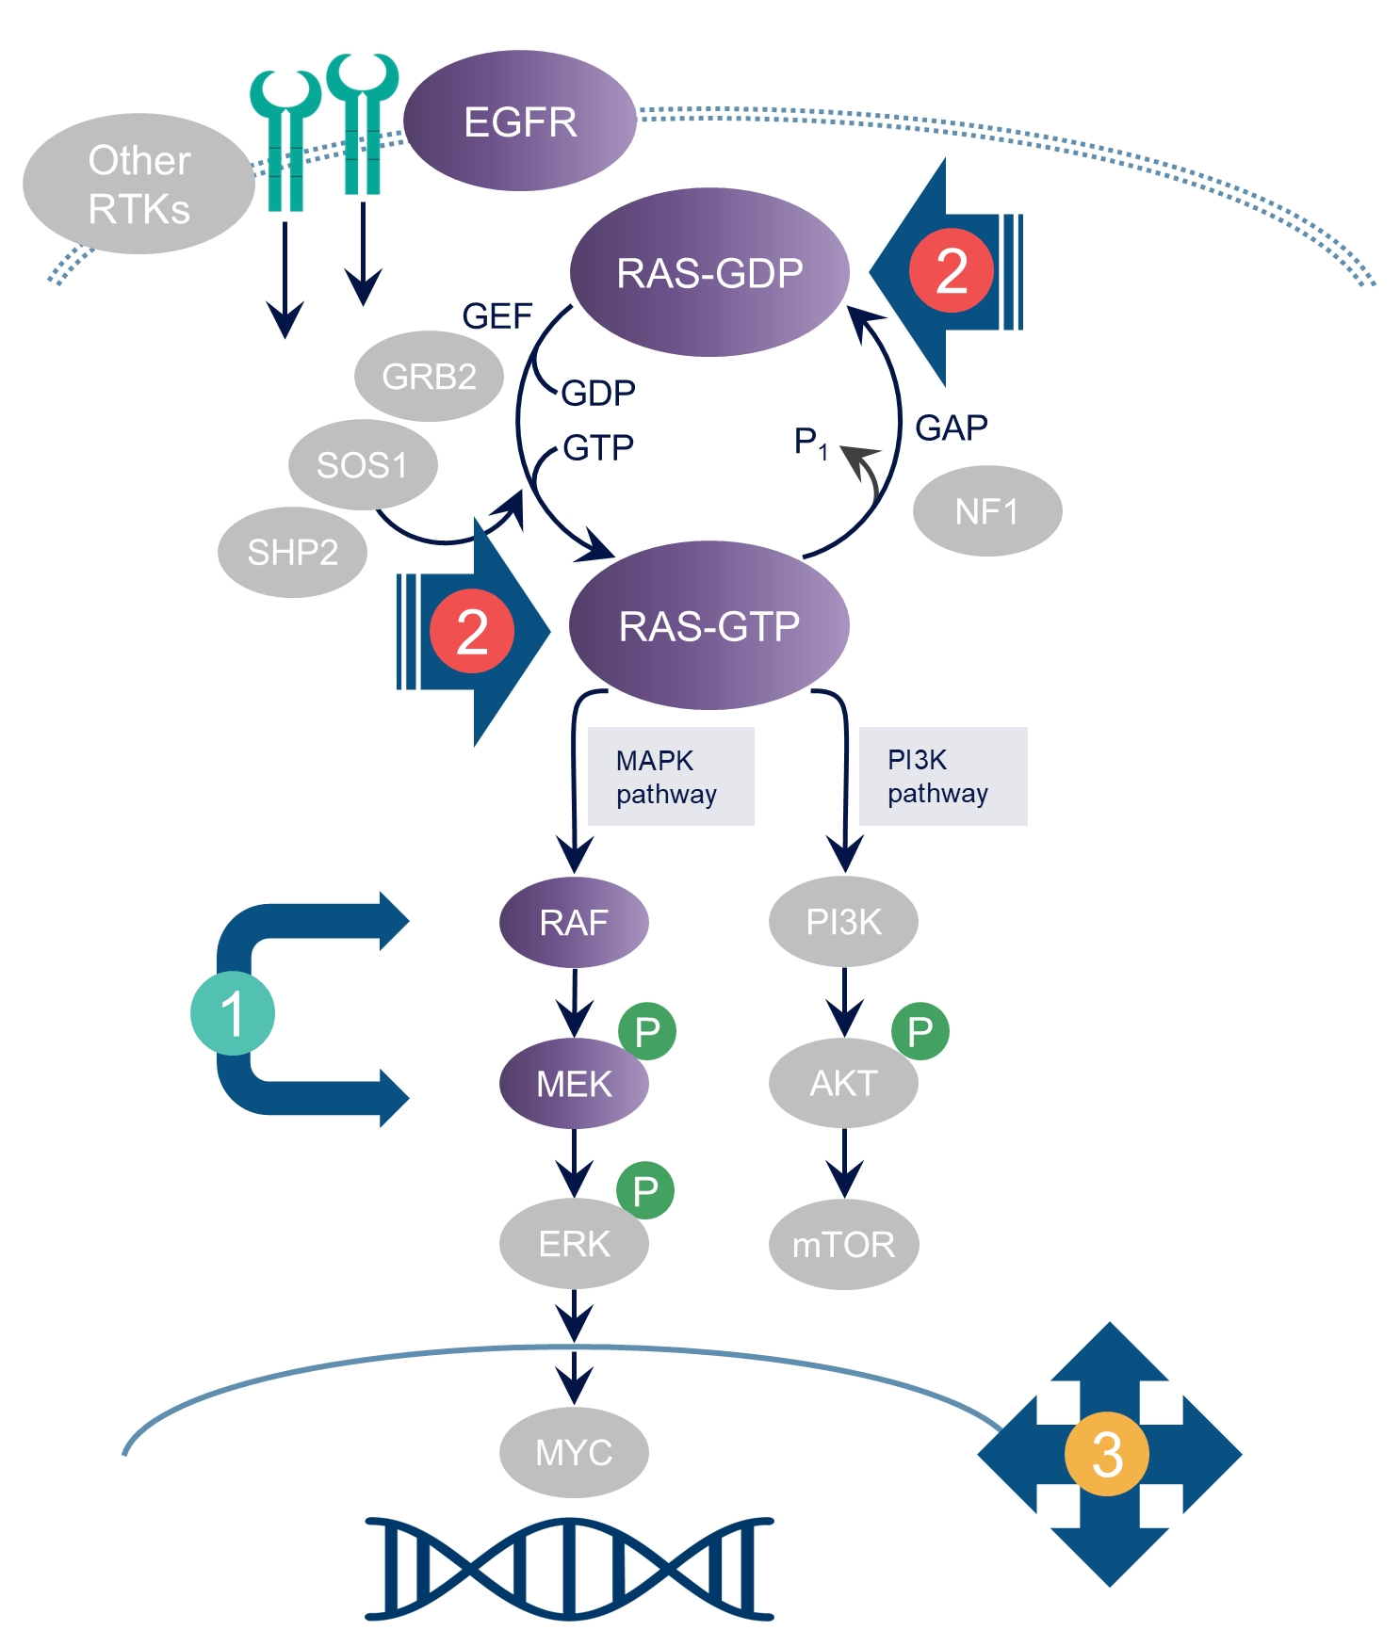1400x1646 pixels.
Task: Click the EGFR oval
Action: click(x=520, y=121)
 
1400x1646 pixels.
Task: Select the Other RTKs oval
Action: click(x=138, y=185)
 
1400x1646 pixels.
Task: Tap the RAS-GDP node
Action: click(x=709, y=273)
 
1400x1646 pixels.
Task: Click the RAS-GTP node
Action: click(x=709, y=626)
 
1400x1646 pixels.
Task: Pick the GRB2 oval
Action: click(x=429, y=377)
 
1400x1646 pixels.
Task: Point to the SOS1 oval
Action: click(x=363, y=465)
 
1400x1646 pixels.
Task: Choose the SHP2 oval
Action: click(x=292, y=553)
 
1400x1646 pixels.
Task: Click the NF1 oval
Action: click(x=987, y=511)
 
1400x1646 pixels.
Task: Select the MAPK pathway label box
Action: click(x=671, y=777)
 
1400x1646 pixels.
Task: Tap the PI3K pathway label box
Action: click(x=942, y=777)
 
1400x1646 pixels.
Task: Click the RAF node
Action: click(x=574, y=922)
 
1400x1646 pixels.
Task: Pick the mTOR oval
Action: click(x=844, y=1245)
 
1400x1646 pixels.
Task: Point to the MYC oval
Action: click(x=574, y=1452)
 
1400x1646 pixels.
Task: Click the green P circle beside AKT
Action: click(x=920, y=1031)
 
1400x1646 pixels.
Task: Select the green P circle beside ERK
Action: click(x=645, y=1190)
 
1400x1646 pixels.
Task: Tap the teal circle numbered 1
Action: click(x=233, y=1013)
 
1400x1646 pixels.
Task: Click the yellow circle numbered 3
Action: click(x=1107, y=1454)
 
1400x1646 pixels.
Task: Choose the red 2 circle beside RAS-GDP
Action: click(x=952, y=271)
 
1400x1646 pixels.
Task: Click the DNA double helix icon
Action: click(x=570, y=1568)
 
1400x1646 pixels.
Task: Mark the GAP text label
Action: click(x=952, y=428)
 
